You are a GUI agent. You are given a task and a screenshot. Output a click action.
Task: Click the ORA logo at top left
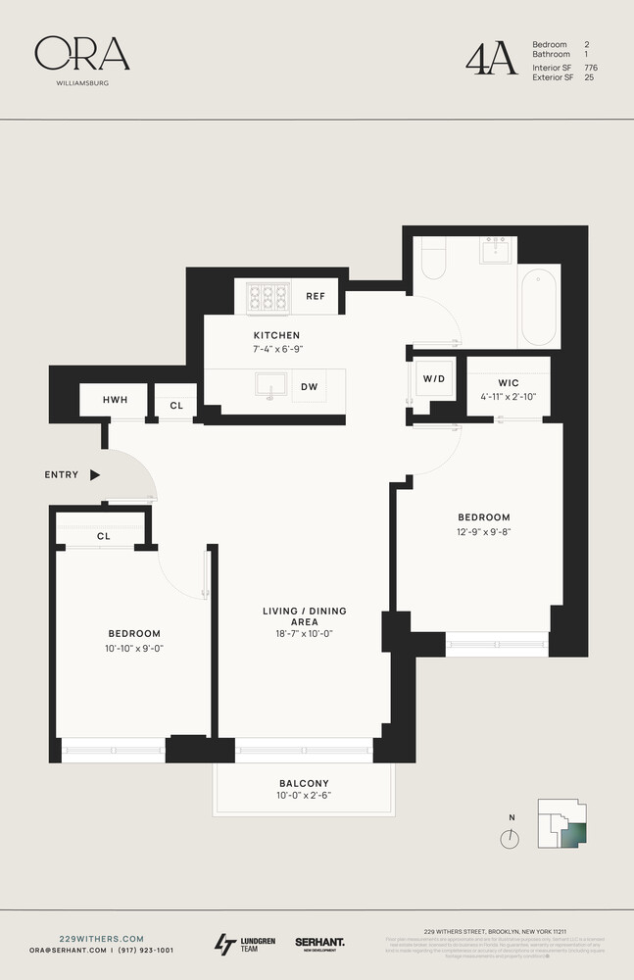(x=81, y=55)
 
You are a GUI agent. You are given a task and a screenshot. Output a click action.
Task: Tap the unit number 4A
(x=490, y=59)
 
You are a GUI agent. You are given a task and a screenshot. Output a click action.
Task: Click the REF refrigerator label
(x=315, y=296)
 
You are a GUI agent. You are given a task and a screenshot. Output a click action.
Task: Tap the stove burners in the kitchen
(x=268, y=295)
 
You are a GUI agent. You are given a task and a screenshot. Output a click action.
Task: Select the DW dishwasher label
(x=309, y=387)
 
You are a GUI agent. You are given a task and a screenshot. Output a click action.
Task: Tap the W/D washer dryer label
(x=433, y=378)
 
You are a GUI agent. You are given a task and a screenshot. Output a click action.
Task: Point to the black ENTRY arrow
(x=95, y=475)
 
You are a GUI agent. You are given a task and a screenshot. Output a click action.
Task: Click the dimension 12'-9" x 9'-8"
(x=483, y=533)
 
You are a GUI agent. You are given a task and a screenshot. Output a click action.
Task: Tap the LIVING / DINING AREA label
(x=304, y=617)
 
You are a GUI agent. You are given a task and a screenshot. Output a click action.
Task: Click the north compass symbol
(x=509, y=839)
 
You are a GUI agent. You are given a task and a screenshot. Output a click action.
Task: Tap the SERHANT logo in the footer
(x=319, y=943)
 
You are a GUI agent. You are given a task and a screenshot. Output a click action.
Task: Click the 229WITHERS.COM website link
(x=87, y=938)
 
